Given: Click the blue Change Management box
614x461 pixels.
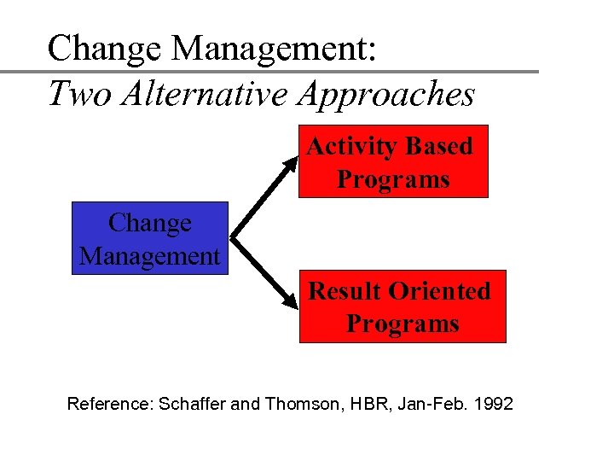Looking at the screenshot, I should tap(150, 238).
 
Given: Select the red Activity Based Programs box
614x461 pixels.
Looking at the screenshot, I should tap(392, 162).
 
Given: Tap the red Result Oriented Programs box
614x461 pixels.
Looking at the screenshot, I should tap(402, 306).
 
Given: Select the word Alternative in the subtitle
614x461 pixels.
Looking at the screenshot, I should tap(204, 94).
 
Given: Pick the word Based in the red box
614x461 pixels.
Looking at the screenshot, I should tap(439, 146).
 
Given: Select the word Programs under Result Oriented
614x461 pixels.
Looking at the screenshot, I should tap(402, 324).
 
